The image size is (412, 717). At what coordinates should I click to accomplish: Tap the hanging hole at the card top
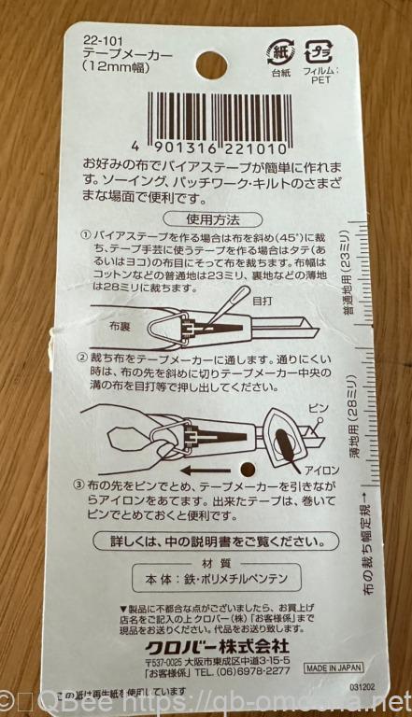pos(212,65)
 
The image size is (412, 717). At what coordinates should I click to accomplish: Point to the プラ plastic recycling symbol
pos(320,51)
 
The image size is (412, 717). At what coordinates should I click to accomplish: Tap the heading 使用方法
pos(212,220)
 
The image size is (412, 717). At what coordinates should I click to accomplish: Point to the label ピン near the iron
pos(320,409)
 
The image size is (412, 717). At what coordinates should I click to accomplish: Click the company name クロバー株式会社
pos(217,646)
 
